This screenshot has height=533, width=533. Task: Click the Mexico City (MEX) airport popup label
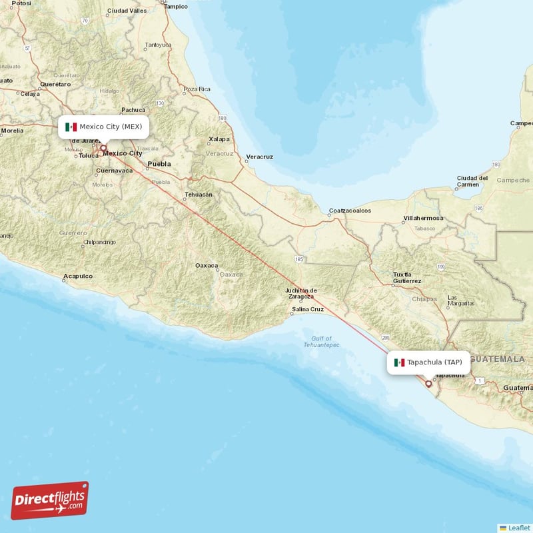[103, 127]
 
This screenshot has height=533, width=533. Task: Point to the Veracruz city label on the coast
[260, 157]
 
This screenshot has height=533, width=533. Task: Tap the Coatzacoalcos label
[350, 211]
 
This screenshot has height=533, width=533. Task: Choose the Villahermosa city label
[423, 219]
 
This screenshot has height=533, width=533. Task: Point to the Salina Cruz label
[308, 309]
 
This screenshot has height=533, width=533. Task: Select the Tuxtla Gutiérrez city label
[407, 278]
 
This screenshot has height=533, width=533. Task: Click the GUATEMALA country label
[497, 359]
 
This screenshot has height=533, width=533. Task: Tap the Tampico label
[176, 6]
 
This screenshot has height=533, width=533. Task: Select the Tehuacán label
[198, 195]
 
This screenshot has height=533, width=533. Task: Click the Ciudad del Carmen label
[472, 181]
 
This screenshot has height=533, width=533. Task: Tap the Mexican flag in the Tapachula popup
[399, 362]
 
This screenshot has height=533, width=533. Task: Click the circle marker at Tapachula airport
[428, 384]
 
